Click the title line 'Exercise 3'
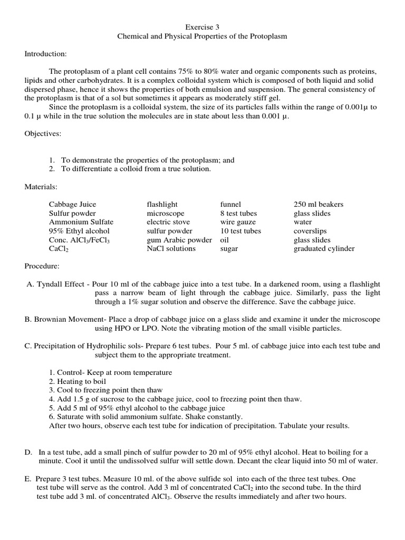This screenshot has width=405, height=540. click(x=202, y=26)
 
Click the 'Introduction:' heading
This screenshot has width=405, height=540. click(x=45, y=54)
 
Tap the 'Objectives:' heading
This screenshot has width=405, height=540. click(x=43, y=134)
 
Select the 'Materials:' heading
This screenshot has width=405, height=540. click(x=41, y=187)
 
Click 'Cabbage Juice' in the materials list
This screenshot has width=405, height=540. click(x=73, y=205)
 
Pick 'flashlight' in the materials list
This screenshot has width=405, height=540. click(x=162, y=205)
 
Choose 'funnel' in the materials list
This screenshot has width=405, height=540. click(x=230, y=205)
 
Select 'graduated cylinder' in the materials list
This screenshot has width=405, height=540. click(x=324, y=249)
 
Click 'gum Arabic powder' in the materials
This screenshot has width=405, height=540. click(x=179, y=240)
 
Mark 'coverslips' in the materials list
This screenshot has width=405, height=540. click(x=310, y=231)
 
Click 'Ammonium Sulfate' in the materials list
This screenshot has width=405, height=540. click(x=81, y=222)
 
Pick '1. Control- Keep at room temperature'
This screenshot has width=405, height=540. click(x=110, y=372)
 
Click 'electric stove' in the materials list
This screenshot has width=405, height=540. click(x=168, y=222)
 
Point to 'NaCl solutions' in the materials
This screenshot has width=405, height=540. click(x=171, y=249)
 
